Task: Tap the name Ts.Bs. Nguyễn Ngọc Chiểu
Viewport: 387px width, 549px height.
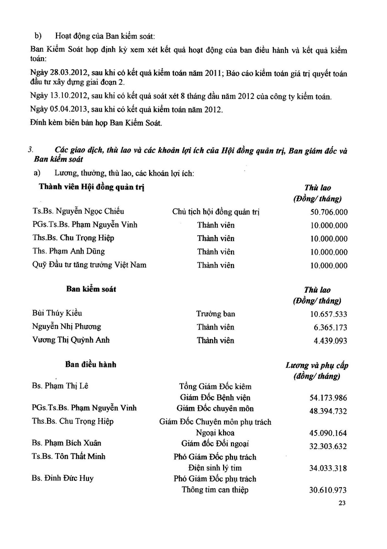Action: click(x=78, y=212)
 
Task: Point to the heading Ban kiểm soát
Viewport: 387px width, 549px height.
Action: click(x=91, y=289)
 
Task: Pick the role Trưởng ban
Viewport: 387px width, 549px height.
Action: click(x=216, y=314)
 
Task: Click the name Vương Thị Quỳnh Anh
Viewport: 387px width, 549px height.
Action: click(x=71, y=339)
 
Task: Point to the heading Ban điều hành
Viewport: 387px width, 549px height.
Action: click(x=91, y=364)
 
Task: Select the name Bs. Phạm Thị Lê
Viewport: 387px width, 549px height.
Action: click(x=60, y=386)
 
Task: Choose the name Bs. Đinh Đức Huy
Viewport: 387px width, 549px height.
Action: click(x=63, y=478)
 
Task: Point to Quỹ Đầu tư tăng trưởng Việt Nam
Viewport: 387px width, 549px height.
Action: click(x=89, y=265)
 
